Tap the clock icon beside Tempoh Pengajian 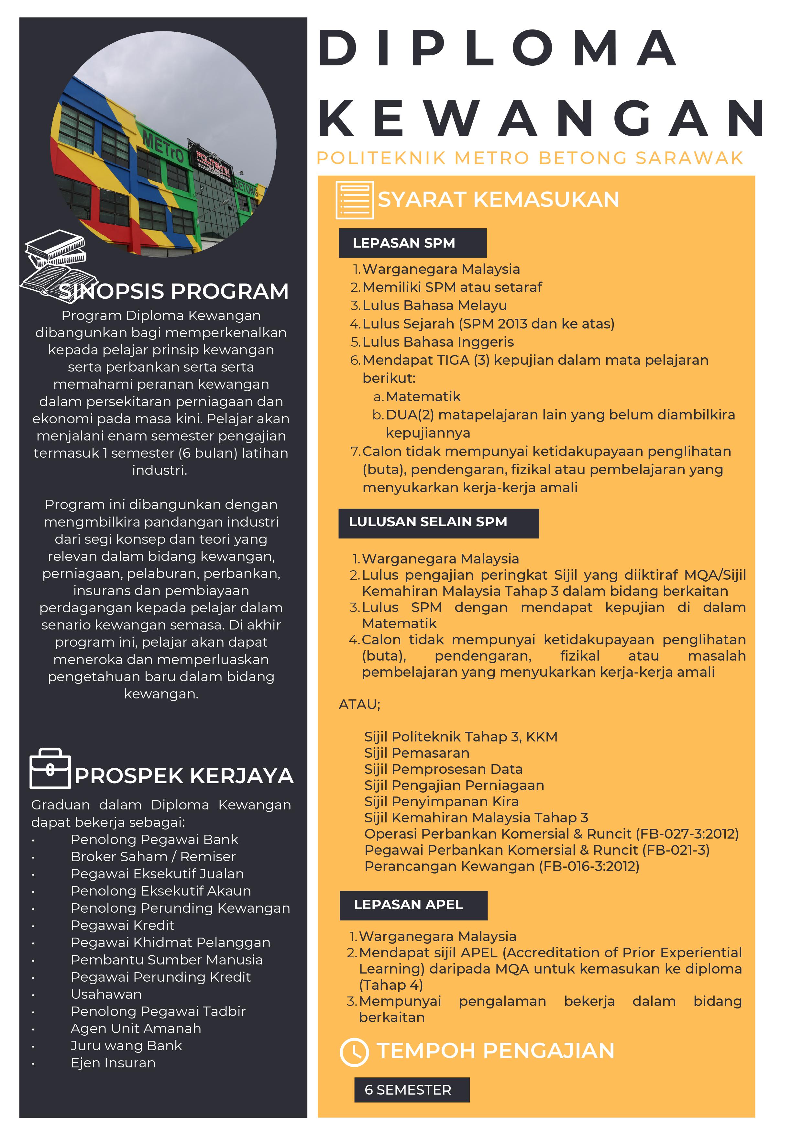point(354,1052)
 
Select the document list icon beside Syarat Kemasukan point(354,200)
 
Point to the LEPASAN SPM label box point(412,243)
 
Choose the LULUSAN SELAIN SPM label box point(438,523)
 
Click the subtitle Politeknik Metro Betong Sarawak point(530,158)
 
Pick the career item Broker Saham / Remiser point(153,856)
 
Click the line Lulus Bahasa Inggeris point(438,342)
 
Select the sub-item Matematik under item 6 point(423,397)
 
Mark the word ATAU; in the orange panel point(359,705)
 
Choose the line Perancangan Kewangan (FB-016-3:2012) point(501,866)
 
